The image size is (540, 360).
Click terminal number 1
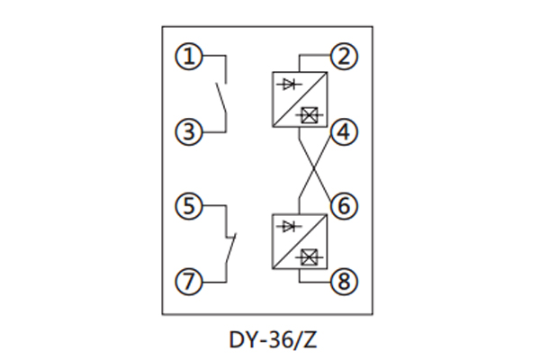188,58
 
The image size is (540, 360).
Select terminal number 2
343,58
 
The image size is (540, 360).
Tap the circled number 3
188,132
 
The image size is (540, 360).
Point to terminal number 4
343,132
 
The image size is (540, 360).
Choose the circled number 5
188,206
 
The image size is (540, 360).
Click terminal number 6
343,206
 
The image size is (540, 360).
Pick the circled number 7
188,281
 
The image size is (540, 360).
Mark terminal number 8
343,281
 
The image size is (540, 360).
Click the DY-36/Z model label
269,340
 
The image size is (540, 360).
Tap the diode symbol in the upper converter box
289,84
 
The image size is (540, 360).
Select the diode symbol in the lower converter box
289,226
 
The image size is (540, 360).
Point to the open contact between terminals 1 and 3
220,95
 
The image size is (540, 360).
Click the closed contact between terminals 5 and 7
231,245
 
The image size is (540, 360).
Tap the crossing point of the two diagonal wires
311,169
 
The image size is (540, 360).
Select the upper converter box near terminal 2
299,99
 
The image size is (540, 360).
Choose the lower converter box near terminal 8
299,240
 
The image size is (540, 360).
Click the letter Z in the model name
311,340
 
